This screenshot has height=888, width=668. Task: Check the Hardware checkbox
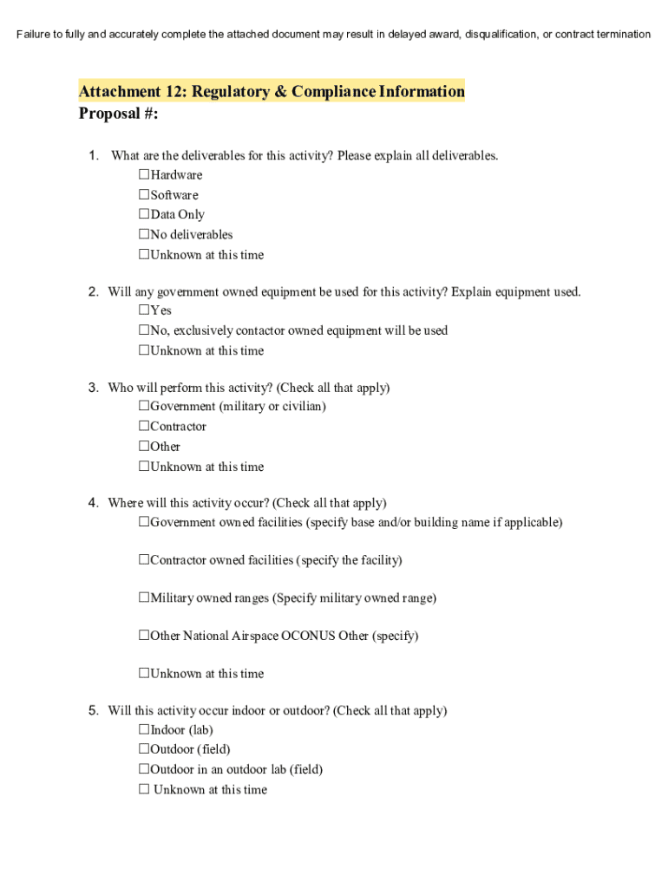[144, 175]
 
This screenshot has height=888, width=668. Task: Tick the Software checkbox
[144, 195]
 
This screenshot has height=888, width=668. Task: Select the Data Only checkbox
[144, 215]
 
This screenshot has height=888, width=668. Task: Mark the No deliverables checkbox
[144, 235]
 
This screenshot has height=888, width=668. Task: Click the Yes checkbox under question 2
[144, 310]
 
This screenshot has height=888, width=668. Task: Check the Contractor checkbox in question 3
[144, 427]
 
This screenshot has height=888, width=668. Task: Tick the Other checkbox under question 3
[144, 447]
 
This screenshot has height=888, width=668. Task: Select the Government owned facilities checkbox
[144, 523]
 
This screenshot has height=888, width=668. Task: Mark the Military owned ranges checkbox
[144, 598]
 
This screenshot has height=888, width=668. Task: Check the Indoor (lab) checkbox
[144, 730]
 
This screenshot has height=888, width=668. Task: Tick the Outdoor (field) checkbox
[144, 749]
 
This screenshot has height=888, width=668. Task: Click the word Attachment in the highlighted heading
[119, 92]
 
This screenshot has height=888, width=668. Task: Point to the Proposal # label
[118, 114]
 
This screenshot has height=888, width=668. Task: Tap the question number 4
[93, 503]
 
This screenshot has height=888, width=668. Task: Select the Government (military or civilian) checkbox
[144, 407]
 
